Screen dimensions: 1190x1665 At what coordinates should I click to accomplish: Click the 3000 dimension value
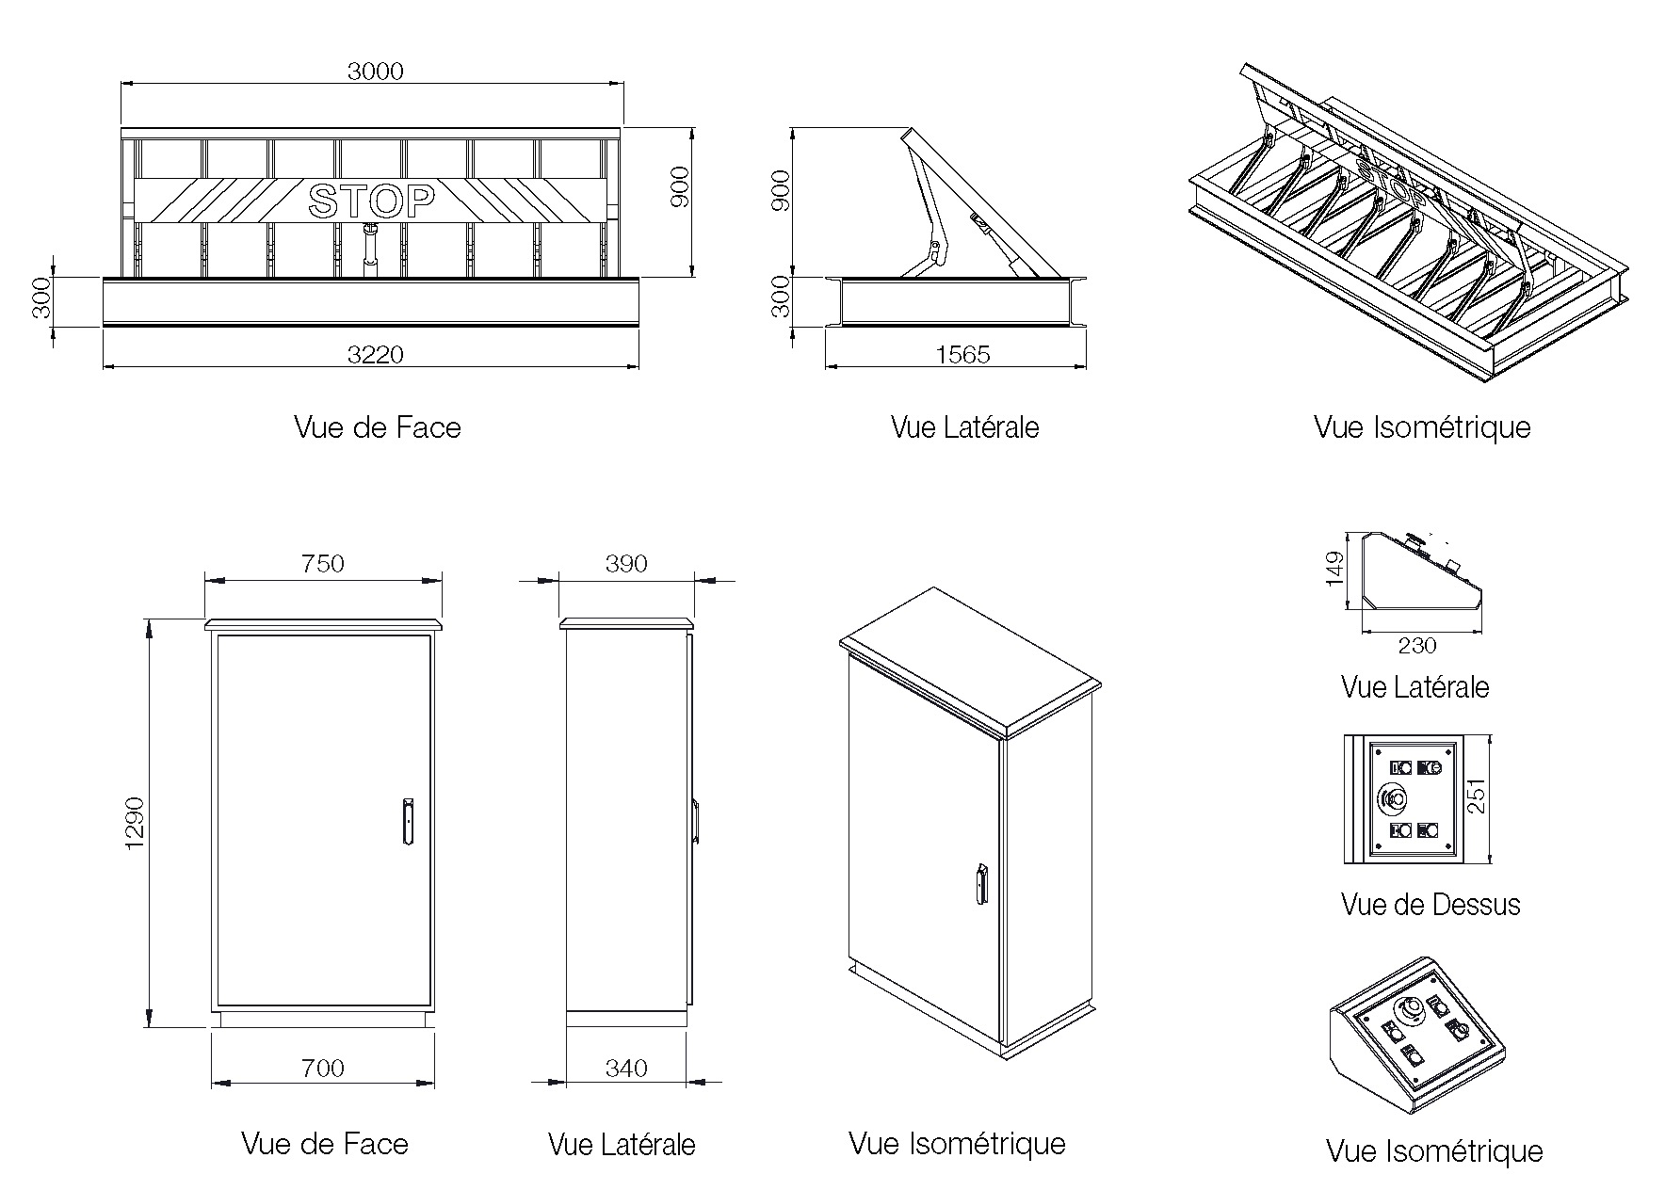[375, 72]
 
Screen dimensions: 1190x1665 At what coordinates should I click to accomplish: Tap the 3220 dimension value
[375, 354]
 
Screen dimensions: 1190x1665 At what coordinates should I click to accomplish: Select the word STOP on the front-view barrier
[372, 201]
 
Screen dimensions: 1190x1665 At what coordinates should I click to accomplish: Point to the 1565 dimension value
[962, 354]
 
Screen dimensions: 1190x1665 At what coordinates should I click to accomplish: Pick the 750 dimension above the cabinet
[323, 564]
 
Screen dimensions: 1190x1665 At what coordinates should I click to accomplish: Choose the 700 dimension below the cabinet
[323, 1069]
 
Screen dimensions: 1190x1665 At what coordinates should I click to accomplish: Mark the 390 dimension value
[626, 564]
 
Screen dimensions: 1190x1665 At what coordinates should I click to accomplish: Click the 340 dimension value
[626, 1069]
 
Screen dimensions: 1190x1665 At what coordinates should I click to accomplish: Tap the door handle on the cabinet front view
[408, 822]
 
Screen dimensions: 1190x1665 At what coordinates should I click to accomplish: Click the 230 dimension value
[1417, 645]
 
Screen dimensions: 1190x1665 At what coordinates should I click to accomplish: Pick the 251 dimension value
[1477, 796]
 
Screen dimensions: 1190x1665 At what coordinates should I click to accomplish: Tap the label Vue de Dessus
[1431, 905]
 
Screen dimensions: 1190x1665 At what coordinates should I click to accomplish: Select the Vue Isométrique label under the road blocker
[1422, 427]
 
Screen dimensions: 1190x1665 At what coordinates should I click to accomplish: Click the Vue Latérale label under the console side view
[1414, 687]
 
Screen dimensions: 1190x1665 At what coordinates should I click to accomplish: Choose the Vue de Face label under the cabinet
[325, 1144]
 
